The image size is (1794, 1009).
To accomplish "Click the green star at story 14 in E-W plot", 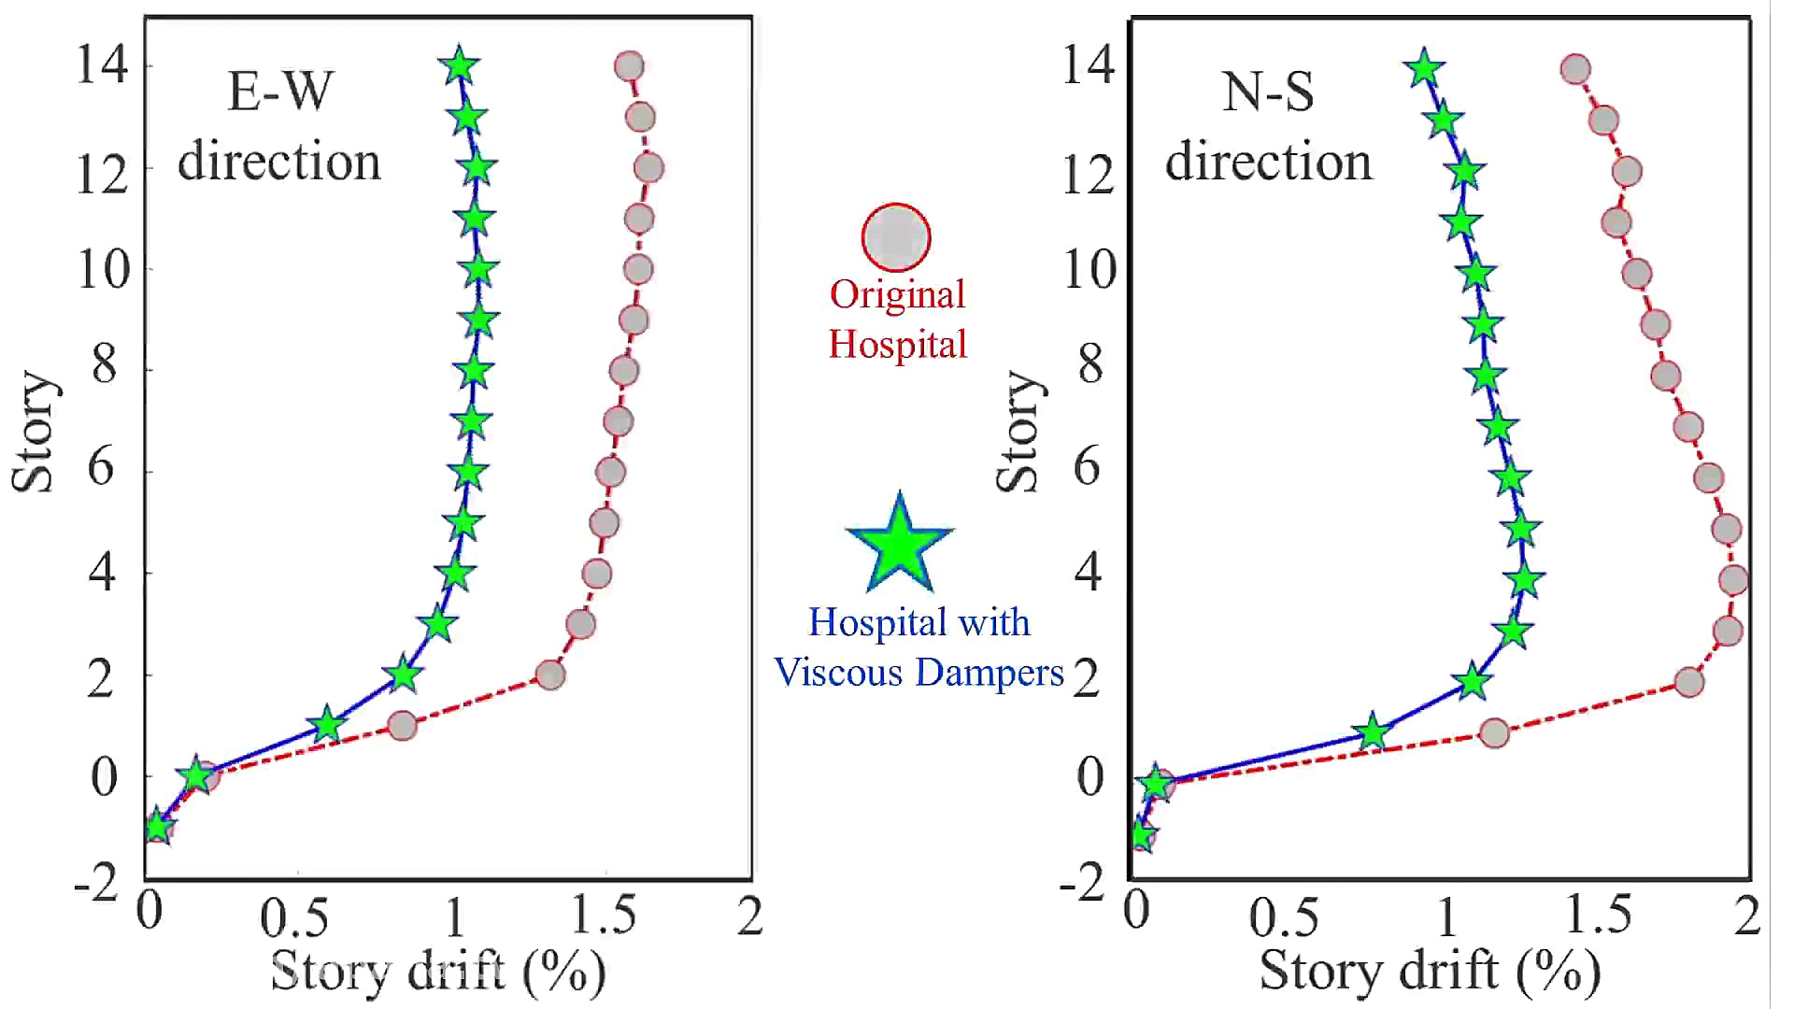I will point(459,67).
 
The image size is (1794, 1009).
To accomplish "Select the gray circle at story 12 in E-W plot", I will point(648,168).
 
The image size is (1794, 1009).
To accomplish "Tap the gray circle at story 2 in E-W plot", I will point(550,675).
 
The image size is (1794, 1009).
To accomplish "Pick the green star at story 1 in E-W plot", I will point(327,725).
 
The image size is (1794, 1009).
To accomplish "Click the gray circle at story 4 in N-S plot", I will point(1733,580).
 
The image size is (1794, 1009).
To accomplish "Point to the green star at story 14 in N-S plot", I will point(1424,68).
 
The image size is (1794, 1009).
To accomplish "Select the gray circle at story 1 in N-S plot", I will point(1495,733).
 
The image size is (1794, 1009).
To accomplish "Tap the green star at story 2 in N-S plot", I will point(1473,681).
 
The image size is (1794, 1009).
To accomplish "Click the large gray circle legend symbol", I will point(895,237).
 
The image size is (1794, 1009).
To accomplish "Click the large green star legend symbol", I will point(899,547).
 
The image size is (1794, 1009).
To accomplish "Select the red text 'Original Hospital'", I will point(898,320).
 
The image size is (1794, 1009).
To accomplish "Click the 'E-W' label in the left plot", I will point(280,92).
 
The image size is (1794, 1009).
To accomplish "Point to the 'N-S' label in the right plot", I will point(1268,92).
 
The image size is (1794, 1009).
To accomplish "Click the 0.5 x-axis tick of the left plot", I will point(294,918).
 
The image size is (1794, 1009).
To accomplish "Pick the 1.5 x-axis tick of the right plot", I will point(1598,915).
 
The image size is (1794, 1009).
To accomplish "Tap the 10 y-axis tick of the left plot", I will point(103,270).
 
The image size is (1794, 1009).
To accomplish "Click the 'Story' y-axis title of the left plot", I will point(34,432).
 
